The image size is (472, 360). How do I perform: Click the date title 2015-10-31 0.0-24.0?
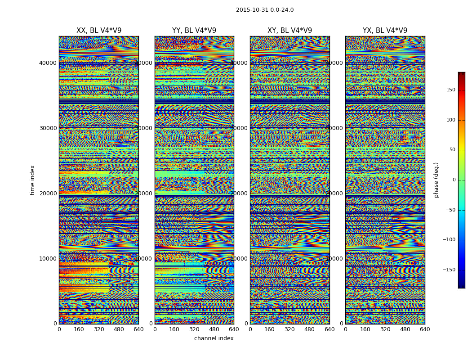(x=265, y=10)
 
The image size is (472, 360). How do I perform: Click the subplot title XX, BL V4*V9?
(x=99, y=31)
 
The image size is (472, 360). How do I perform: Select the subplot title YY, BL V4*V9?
(x=194, y=31)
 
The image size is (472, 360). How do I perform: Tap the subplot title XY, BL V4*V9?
(x=289, y=31)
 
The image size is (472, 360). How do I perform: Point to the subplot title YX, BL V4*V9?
(x=385, y=31)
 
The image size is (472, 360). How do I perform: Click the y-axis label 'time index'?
(x=32, y=180)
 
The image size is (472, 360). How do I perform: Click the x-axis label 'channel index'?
(x=214, y=338)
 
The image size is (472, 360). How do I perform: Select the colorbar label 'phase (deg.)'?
(x=436, y=180)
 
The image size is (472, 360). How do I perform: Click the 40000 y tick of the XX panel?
(x=48, y=63)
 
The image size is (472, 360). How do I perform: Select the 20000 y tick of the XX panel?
(x=48, y=193)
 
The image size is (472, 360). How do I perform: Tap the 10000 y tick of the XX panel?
(x=48, y=259)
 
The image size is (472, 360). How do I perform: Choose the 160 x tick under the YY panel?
(x=174, y=329)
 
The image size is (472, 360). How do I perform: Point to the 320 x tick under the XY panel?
(x=289, y=329)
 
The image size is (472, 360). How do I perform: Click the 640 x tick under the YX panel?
(x=425, y=329)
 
